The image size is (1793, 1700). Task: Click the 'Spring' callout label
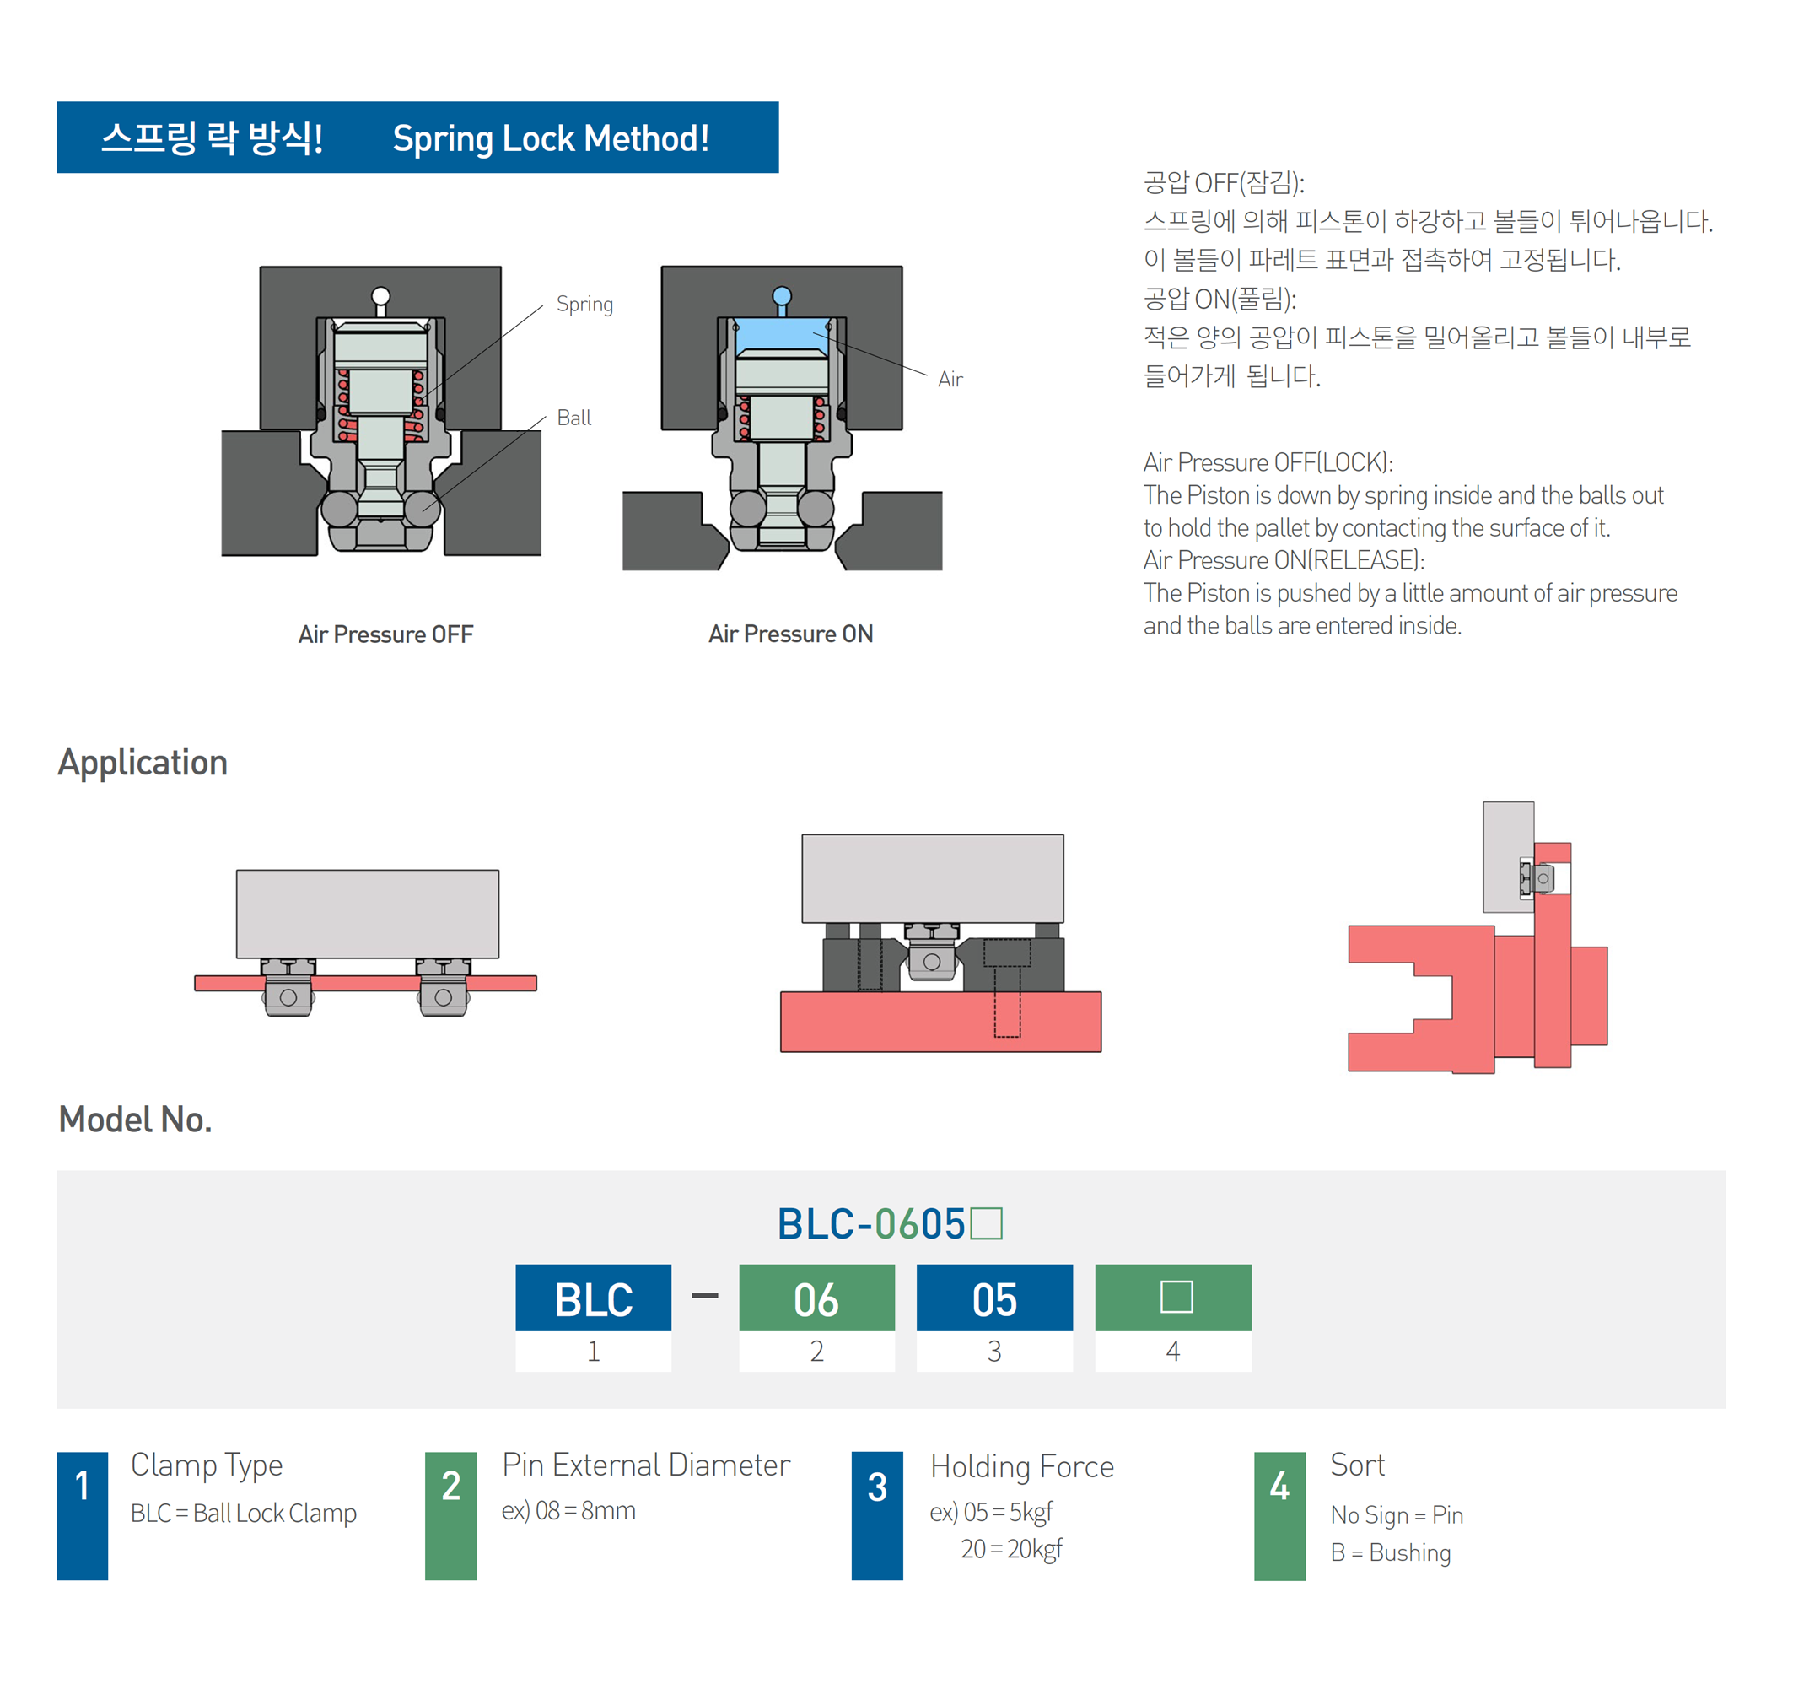[x=584, y=305]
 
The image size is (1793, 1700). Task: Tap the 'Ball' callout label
[x=573, y=418]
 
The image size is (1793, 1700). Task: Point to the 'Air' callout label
[x=950, y=380]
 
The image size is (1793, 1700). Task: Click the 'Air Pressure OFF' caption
[x=386, y=634]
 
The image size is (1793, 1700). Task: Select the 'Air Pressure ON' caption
[x=790, y=634]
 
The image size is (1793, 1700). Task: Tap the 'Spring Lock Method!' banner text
[x=550, y=138]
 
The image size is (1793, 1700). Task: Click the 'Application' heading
[x=143, y=763]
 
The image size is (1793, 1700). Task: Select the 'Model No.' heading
[x=135, y=1120]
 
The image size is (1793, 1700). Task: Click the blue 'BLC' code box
[x=594, y=1298]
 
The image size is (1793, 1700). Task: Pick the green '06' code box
[x=816, y=1298]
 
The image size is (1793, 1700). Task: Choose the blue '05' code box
[x=993, y=1298]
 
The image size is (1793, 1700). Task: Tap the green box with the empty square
[x=1173, y=1298]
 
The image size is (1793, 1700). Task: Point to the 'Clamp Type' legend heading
[x=207, y=1465]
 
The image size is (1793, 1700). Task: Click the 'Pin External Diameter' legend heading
[x=646, y=1465]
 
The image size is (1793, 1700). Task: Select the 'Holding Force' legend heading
[x=1022, y=1467]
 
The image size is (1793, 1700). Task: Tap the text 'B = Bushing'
[x=1391, y=1553]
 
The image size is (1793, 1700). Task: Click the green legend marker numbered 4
[x=1279, y=1516]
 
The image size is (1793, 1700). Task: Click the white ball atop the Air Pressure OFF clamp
[x=380, y=296]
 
